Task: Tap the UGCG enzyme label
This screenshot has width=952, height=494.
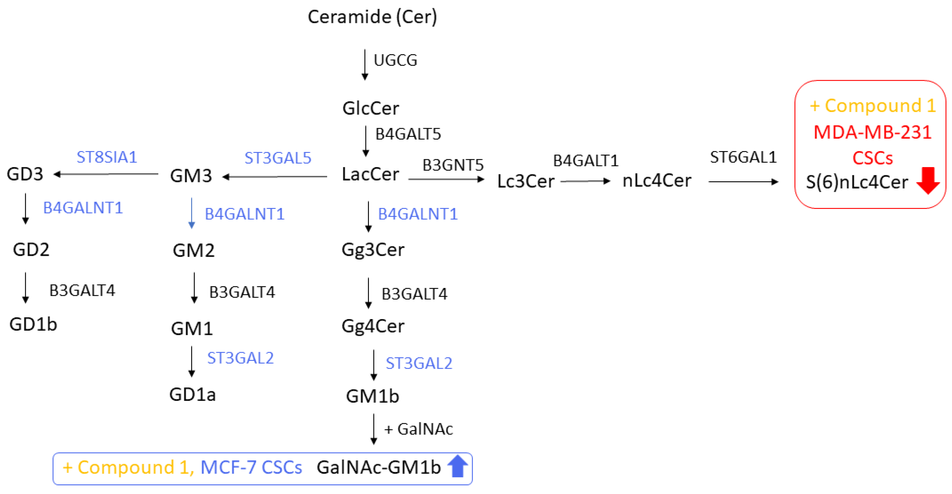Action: (396, 60)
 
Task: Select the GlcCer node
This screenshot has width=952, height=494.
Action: (371, 108)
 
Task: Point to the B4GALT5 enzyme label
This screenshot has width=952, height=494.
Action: (408, 134)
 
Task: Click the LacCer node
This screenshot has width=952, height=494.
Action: (370, 174)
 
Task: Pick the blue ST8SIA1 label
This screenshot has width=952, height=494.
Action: (107, 157)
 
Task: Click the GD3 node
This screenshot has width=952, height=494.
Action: (25, 174)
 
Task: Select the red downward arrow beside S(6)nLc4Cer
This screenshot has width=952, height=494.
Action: (928, 180)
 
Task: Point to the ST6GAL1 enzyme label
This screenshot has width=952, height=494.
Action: (743, 157)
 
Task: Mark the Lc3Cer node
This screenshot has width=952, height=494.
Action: (525, 182)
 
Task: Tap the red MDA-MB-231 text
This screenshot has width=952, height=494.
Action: (872, 132)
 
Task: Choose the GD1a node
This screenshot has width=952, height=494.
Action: (193, 395)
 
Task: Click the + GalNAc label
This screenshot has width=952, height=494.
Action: (418, 429)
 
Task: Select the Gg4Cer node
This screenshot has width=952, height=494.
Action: (373, 326)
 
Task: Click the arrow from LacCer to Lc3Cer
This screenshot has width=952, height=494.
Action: (446, 180)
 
